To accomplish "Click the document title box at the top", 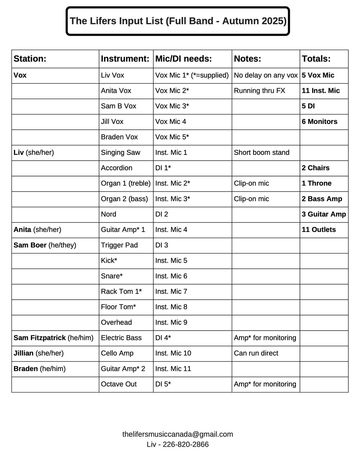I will pos(178,21).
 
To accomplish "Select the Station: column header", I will pos(30,59).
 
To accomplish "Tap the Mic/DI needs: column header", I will pos(183,59).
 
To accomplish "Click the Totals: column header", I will pos(316,59).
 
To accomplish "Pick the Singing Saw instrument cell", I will pos(121,152).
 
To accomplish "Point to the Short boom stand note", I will pos(261,152).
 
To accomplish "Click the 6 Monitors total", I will pos(319,121).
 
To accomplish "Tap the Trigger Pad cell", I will pos(119,245).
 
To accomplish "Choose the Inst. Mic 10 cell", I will pos(173,353).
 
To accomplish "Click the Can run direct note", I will pos(256,353).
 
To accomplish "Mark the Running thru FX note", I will pos(259,91).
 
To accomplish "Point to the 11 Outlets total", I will pos(319,230).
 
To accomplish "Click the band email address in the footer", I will pos(177,434).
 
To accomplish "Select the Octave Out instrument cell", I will pos(119,384).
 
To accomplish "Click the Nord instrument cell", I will pos(108,214).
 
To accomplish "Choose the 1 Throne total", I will pos(316,183).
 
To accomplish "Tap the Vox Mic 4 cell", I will pos(171,121).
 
